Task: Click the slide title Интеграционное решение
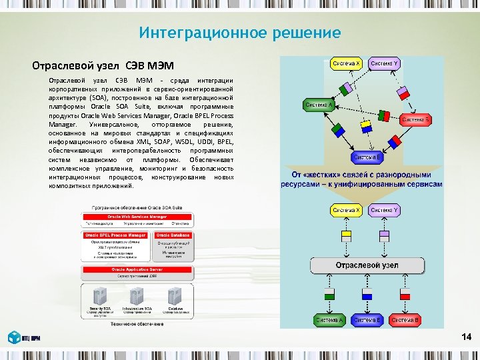point(240,33)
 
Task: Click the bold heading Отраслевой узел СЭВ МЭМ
point(103,65)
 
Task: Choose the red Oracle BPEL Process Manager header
point(116,235)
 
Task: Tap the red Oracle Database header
point(173,235)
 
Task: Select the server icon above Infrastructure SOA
point(137,295)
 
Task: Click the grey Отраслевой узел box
point(367,265)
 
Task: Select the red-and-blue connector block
point(395,141)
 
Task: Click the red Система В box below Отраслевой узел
point(405,321)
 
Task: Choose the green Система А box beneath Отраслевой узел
point(329,321)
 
